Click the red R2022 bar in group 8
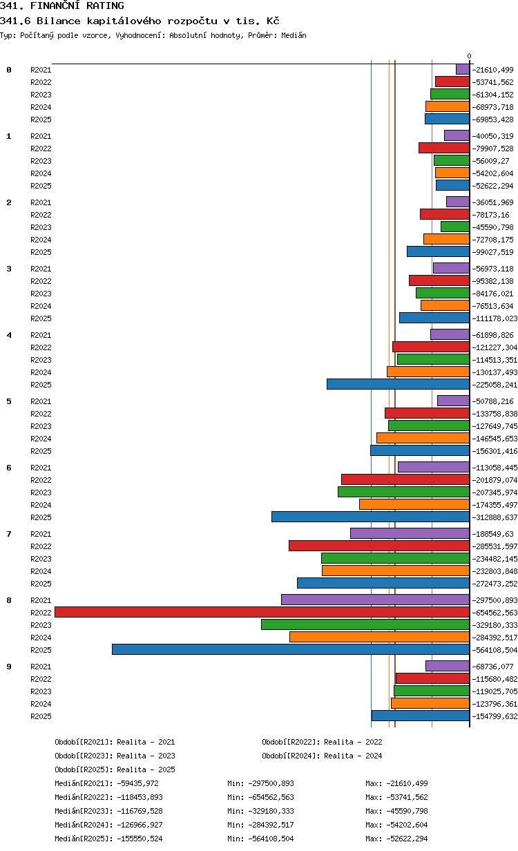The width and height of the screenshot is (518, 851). (262, 612)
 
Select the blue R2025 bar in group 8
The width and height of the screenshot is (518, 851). (291, 649)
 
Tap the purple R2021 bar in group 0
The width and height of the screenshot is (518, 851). (463, 69)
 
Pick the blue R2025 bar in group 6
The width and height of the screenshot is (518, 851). (371, 517)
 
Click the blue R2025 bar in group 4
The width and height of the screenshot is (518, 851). (399, 384)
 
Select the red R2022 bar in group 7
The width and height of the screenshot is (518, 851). (379, 546)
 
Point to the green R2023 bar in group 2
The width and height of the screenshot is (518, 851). (455, 227)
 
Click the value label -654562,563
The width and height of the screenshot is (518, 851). (495, 613)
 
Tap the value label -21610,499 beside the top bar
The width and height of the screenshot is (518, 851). (492, 70)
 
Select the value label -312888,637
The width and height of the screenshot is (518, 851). (495, 517)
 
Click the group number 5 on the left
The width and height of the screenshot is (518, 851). (9, 401)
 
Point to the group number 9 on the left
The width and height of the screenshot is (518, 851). (9, 667)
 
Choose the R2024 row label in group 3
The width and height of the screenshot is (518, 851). (41, 306)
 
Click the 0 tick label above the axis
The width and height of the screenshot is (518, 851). (470, 56)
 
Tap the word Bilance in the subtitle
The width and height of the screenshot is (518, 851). (59, 21)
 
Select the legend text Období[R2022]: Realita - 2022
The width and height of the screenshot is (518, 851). (322, 742)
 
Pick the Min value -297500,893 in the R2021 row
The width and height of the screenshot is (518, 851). (271, 783)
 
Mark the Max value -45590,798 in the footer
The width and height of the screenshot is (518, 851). (407, 811)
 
